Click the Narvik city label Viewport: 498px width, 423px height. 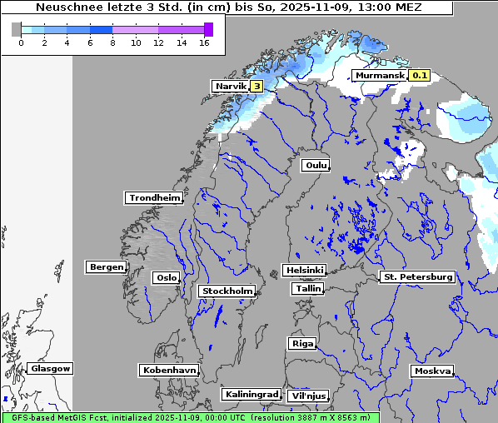pyautogui.click(x=232, y=86)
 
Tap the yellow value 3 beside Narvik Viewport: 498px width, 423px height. pyautogui.click(x=256, y=86)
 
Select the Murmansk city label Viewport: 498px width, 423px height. pyautogui.click(x=381, y=76)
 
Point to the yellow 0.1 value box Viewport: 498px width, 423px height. pyautogui.click(x=420, y=76)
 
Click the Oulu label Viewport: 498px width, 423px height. pyautogui.click(x=316, y=165)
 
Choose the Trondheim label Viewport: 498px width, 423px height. pyautogui.click(x=154, y=197)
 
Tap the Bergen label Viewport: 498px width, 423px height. pyautogui.click(x=105, y=267)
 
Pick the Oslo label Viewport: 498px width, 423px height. pyautogui.click(x=166, y=277)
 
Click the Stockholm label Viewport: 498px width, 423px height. pyautogui.click(x=227, y=291)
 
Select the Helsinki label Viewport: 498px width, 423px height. pyautogui.click(x=304, y=270)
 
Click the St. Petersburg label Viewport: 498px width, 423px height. pyautogui.click(x=416, y=276)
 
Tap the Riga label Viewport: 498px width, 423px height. pyautogui.click(x=301, y=343)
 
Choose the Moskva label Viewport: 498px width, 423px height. pyautogui.click(x=432, y=371)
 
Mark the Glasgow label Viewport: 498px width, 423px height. pyautogui.click(x=51, y=368)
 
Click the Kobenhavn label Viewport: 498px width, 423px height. pyautogui.click(x=169, y=369)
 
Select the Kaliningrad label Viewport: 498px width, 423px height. pyautogui.click(x=251, y=394)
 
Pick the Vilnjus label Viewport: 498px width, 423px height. pyautogui.click(x=307, y=396)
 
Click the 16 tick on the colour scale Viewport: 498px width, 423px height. pyautogui.click(x=204, y=42)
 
